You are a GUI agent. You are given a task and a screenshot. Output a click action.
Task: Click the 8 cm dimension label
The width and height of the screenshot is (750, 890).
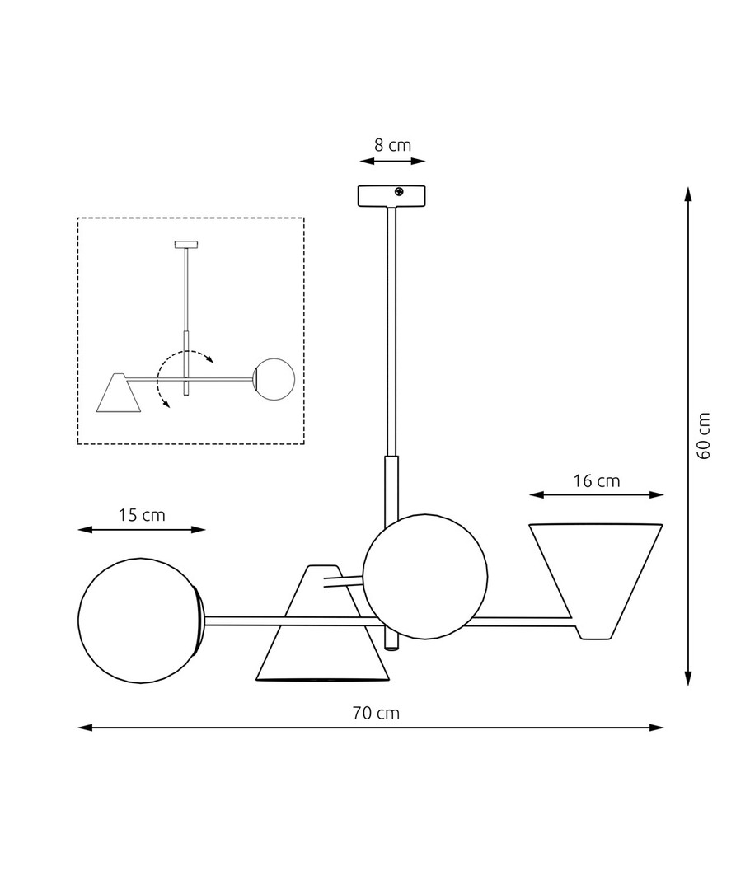(392, 145)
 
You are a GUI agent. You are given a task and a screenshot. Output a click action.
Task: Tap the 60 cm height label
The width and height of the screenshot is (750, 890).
(704, 436)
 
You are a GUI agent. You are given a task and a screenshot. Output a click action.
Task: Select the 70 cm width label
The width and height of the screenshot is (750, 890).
(376, 712)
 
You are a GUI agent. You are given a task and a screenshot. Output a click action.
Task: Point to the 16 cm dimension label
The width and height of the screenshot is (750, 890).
(596, 480)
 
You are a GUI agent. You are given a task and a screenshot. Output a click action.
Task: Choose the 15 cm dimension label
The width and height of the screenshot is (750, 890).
(142, 515)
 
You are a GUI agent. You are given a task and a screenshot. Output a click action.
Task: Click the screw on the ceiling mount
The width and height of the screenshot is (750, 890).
(399, 192)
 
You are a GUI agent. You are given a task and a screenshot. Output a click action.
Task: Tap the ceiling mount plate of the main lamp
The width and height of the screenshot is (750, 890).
(391, 196)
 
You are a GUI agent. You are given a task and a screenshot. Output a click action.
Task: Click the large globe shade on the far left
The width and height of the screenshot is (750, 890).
(139, 621)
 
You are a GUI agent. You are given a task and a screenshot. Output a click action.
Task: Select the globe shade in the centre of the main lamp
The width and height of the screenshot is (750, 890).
(424, 577)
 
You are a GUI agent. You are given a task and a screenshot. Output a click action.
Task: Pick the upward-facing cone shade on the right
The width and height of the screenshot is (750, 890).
(596, 581)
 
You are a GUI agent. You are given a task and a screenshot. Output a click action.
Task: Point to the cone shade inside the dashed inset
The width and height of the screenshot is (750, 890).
(119, 393)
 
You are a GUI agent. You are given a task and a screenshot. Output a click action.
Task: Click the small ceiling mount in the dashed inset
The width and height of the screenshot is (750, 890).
(186, 245)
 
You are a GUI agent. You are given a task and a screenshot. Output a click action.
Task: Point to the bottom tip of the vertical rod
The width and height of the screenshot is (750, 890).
(391, 649)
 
